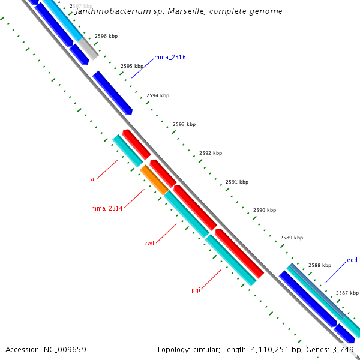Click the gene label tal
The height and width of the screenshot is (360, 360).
click(92, 179)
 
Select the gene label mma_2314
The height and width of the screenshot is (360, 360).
click(107, 208)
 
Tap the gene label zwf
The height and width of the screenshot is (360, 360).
click(149, 243)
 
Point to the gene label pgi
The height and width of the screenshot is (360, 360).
click(196, 290)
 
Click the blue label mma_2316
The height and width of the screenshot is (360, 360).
click(170, 57)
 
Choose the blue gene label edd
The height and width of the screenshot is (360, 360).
click(352, 260)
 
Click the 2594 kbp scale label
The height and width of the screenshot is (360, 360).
click(158, 95)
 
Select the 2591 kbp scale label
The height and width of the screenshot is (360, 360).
click(237, 182)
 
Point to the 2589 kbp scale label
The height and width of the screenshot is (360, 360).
click(292, 238)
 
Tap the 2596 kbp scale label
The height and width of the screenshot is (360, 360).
click(106, 36)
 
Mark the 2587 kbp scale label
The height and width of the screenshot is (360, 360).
click(347, 293)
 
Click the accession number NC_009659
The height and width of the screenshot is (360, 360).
click(65, 349)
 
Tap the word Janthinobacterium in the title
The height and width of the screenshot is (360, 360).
click(114, 11)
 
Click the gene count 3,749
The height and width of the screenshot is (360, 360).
click(344, 349)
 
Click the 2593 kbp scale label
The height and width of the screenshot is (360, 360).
click(184, 124)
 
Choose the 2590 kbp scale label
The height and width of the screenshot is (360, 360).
click(265, 210)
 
